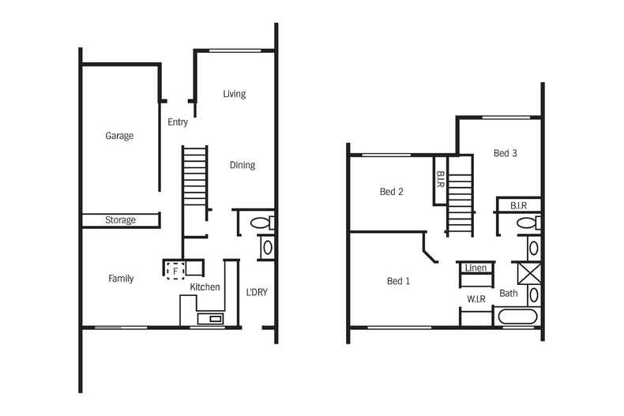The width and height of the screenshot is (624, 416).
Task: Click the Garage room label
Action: point(119,136)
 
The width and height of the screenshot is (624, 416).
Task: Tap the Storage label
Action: point(120,220)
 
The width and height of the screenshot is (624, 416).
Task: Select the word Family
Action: point(121,279)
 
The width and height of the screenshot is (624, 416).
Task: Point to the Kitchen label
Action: point(205,287)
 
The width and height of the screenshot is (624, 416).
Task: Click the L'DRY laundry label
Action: point(257,292)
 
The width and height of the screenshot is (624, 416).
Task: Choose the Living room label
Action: point(235,94)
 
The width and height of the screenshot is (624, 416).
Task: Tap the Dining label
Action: point(242,165)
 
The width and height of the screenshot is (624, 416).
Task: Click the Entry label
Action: point(178,122)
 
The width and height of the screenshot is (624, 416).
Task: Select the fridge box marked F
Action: point(175,271)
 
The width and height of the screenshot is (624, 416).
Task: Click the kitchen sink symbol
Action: point(211,319)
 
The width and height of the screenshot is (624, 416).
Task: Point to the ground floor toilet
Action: point(262,223)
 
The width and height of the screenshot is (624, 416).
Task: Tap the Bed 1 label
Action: point(398,281)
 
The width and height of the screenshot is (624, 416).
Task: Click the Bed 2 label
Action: point(392,192)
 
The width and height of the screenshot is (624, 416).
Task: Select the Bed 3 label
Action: point(506,153)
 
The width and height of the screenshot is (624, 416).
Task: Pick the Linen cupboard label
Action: point(476,268)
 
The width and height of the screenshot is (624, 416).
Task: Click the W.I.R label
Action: point(476,299)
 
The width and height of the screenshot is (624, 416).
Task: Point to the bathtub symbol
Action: point(517,317)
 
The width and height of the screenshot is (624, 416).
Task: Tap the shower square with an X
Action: point(529,274)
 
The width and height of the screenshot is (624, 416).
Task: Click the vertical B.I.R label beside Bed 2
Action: point(441,180)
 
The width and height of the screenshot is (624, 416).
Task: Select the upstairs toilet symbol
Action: point(528,223)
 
